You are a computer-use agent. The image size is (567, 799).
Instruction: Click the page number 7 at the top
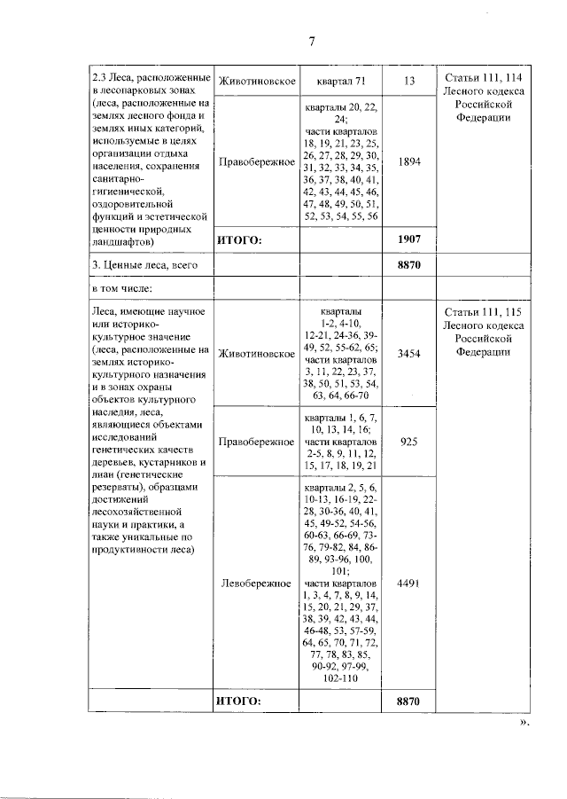(312, 42)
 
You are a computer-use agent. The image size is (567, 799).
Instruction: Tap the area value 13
(408, 82)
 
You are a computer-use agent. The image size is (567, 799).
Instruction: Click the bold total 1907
(408, 239)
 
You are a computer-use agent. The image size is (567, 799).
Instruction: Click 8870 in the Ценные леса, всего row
(408, 264)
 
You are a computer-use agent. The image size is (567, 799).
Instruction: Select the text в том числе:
(123, 288)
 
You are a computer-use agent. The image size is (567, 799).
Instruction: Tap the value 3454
(408, 353)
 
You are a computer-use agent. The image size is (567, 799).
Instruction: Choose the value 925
(408, 442)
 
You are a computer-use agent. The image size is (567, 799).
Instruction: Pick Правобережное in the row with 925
(256, 442)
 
